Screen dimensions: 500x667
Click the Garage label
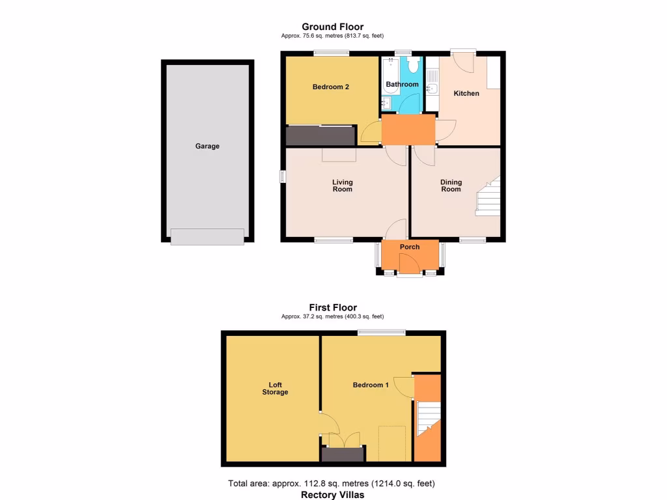[x=207, y=146]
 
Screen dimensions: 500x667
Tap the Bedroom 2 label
[x=331, y=87]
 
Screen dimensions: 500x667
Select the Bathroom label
[x=402, y=85]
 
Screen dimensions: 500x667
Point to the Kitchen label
[x=466, y=94]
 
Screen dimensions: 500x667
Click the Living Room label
[x=342, y=186]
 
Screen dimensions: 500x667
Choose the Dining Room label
[x=451, y=186]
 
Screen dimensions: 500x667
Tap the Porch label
[x=410, y=247]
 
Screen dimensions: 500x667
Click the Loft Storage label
[x=275, y=388]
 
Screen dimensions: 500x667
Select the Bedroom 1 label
[x=371, y=385]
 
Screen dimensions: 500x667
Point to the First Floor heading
[x=333, y=307]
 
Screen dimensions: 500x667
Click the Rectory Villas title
[x=333, y=495]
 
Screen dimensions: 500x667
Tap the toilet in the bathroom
[x=412, y=65]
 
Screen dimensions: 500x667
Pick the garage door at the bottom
[x=207, y=236]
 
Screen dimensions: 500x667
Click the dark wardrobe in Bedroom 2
[x=320, y=135]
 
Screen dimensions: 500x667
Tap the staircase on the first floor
[x=428, y=419]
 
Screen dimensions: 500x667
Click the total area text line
[x=332, y=484]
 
